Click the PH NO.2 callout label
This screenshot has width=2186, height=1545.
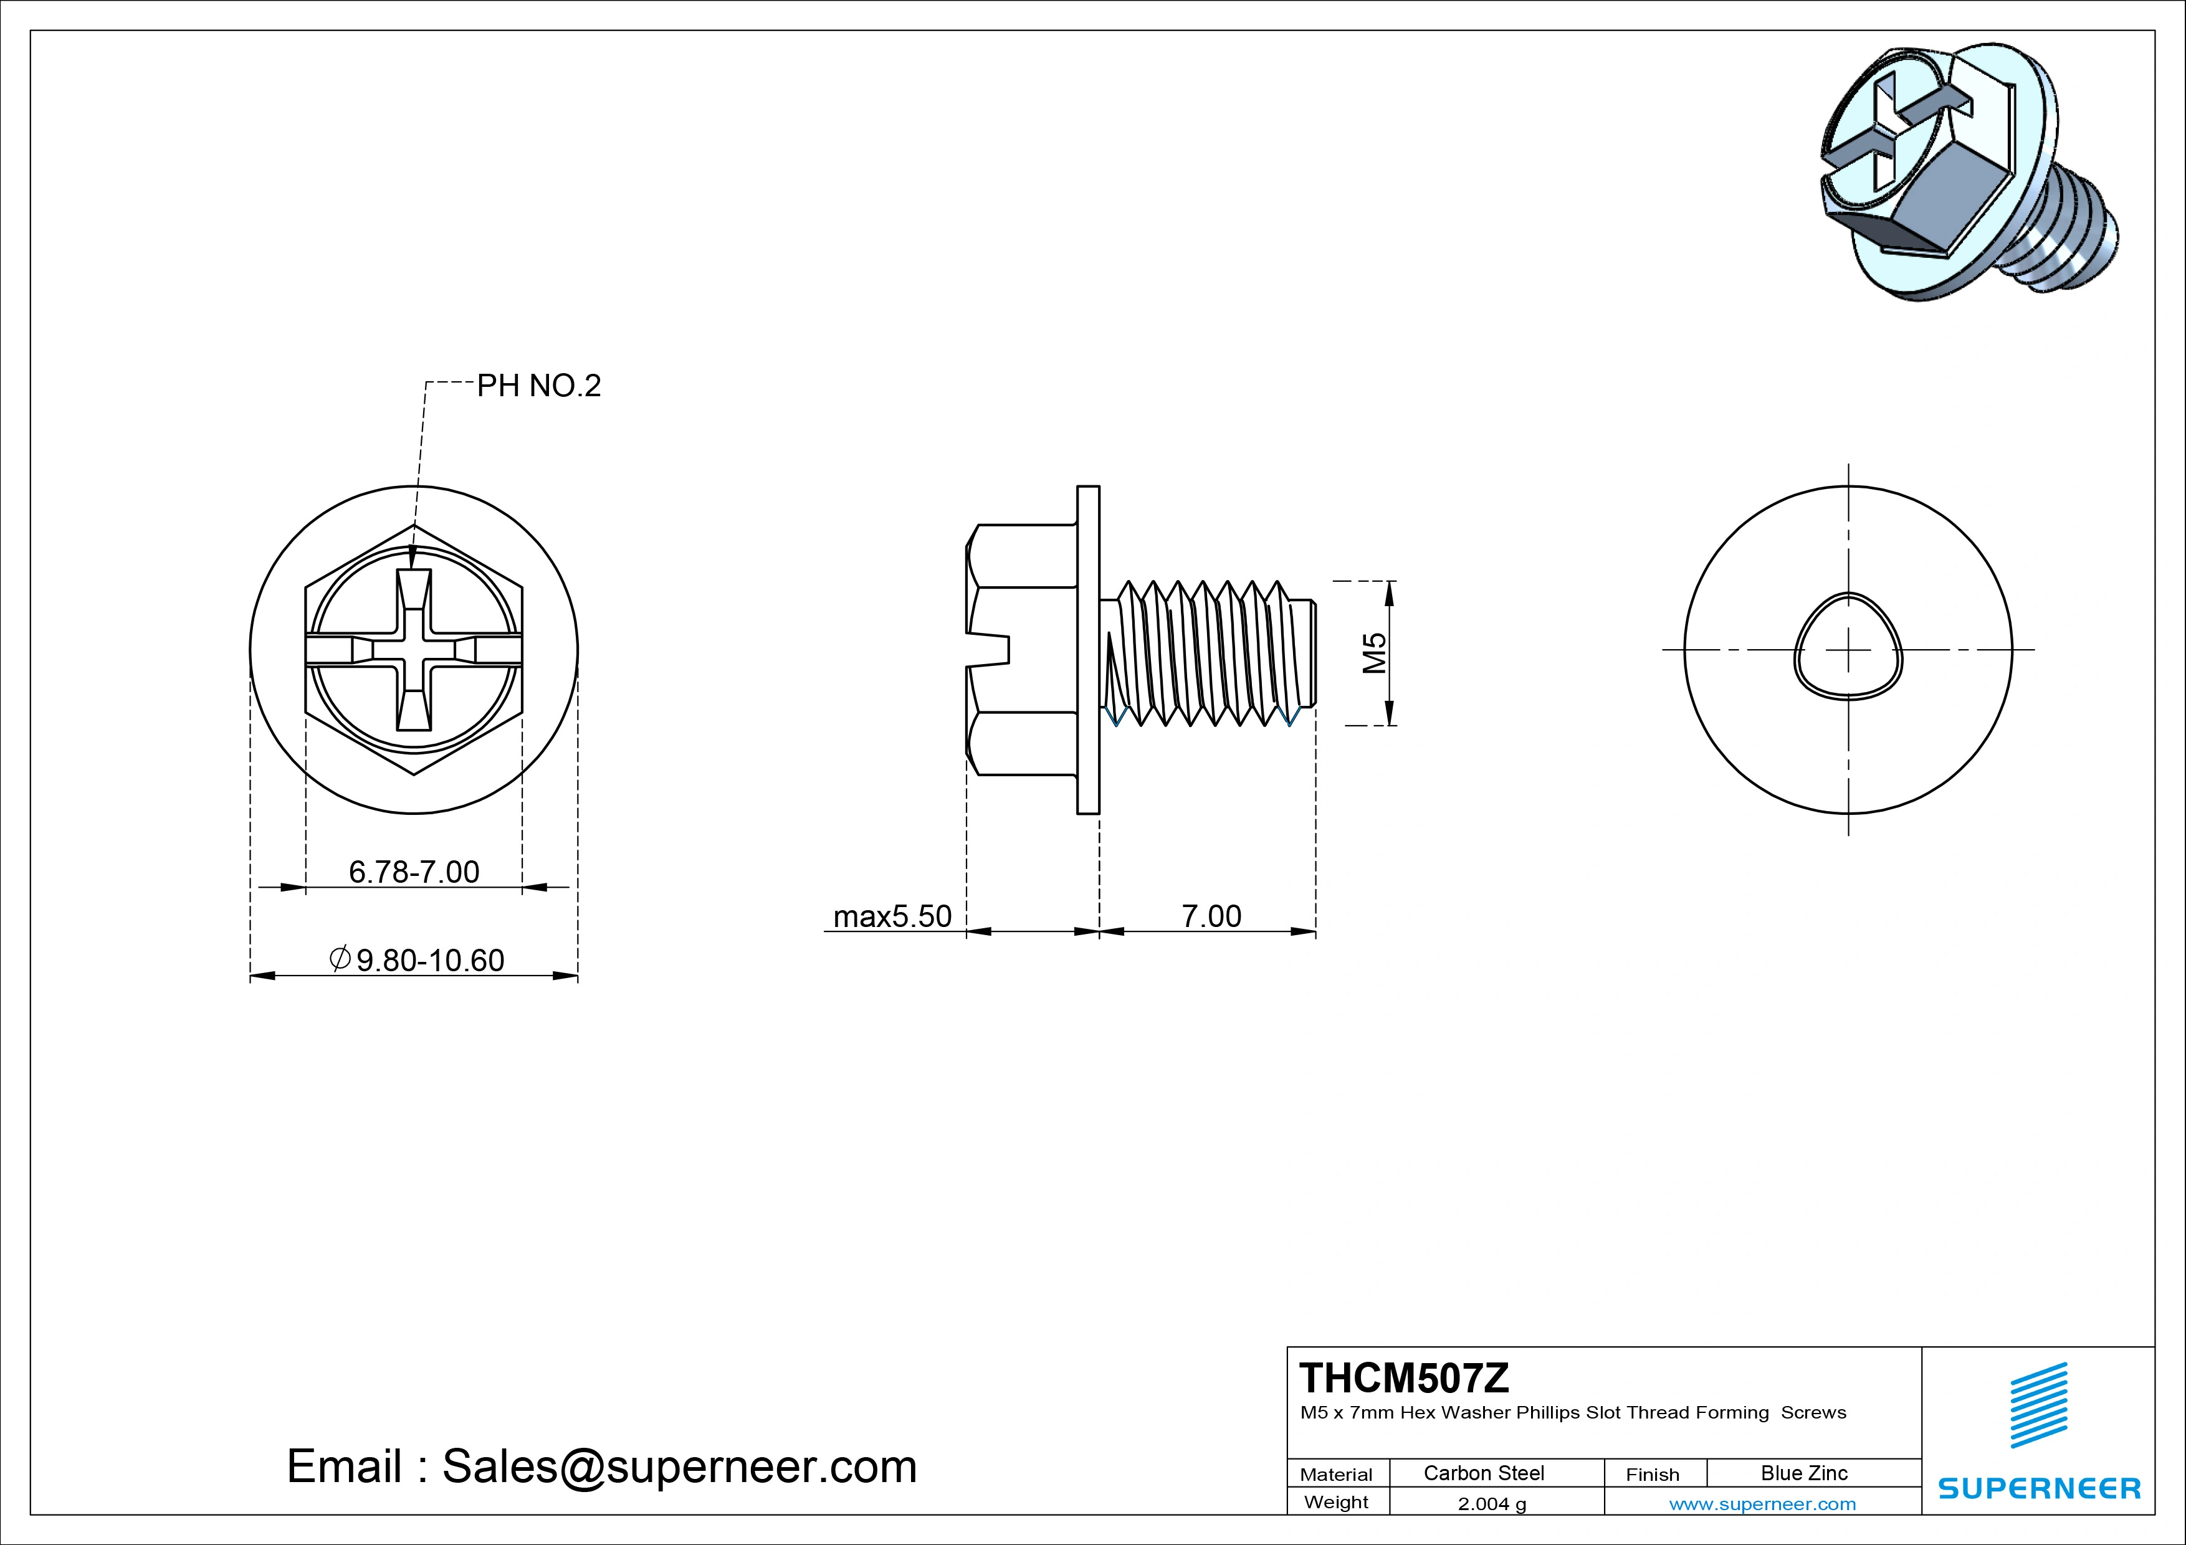pyautogui.click(x=539, y=386)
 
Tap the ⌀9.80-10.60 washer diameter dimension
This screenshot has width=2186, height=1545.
pyautogui.click(x=417, y=959)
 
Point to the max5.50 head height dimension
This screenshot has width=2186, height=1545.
pyautogui.click(x=892, y=916)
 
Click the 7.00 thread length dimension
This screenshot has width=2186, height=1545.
pyautogui.click(x=1211, y=916)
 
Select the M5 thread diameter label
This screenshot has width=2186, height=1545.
pyautogui.click(x=1374, y=653)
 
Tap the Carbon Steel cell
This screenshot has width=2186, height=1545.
pyautogui.click(x=1483, y=1473)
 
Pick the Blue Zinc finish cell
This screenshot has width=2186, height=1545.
pyautogui.click(x=1803, y=1473)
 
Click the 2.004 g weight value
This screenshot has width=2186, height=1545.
pyautogui.click(x=1492, y=1504)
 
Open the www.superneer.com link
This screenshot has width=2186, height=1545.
pyautogui.click(x=1762, y=1504)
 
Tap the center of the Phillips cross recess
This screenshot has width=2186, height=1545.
pyautogui.click(x=414, y=650)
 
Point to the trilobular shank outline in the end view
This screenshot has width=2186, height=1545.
pyautogui.click(x=1848, y=647)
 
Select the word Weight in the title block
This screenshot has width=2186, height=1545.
pyautogui.click(x=1336, y=1502)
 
